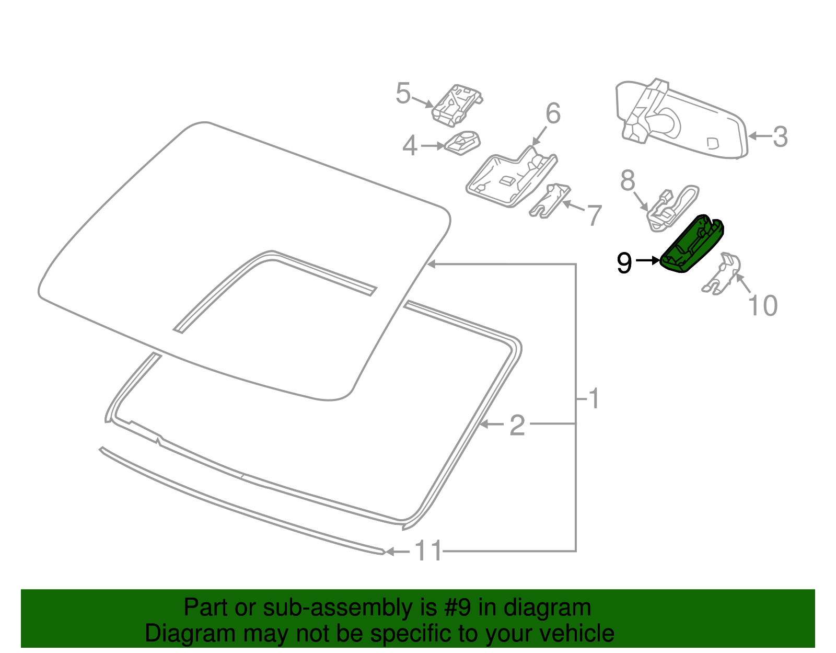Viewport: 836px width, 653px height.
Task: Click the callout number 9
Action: pyautogui.click(x=624, y=263)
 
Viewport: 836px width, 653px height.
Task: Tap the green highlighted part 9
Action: pyautogui.click(x=691, y=245)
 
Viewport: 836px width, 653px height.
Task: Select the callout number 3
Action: pyautogui.click(x=780, y=137)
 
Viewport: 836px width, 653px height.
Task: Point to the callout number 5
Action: pyautogui.click(x=403, y=94)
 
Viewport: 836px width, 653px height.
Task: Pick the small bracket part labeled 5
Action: pyautogui.click(x=456, y=106)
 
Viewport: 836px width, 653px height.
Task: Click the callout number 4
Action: pyautogui.click(x=410, y=146)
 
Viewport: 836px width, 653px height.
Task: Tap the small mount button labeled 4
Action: pyautogui.click(x=462, y=142)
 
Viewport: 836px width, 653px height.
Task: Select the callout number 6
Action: pyautogui.click(x=553, y=114)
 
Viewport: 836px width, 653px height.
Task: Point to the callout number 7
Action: pyautogui.click(x=594, y=215)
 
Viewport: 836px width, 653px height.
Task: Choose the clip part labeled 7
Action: pyautogui.click(x=550, y=201)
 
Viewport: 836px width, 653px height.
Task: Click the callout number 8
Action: pyautogui.click(x=628, y=181)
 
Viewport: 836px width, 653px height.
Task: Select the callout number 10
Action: pyautogui.click(x=763, y=306)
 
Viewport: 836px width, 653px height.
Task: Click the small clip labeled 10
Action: pyautogui.click(x=724, y=272)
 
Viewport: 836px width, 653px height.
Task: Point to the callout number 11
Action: pyautogui.click(x=428, y=551)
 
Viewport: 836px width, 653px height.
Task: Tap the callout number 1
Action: pyautogui.click(x=594, y=399)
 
